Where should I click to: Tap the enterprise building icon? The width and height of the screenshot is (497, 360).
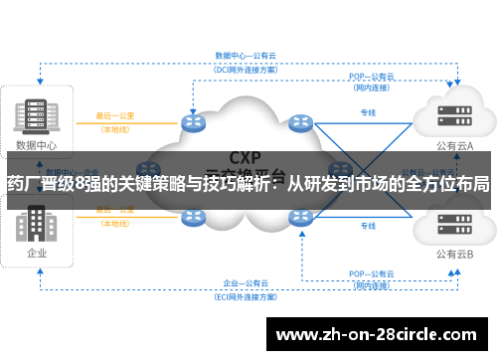click(x=38, y=225)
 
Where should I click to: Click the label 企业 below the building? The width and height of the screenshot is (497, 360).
click(x=38, y=253)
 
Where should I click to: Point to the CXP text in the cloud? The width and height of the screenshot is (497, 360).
click(x=247, y=157)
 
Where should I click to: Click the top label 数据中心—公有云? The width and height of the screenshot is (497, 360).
click(x=246, y=58)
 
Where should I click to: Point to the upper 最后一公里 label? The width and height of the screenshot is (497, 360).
click(x=115, y=115)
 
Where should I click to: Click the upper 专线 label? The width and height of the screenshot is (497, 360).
click(x=367, y=112)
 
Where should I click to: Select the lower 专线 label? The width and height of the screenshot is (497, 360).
click(x=367, y=227)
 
